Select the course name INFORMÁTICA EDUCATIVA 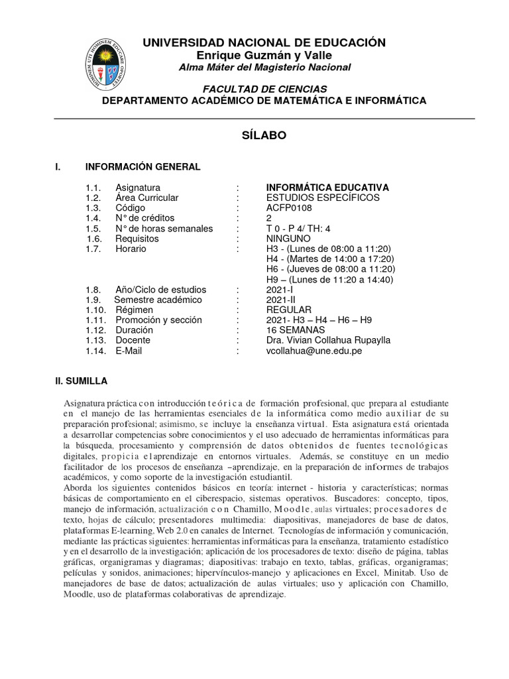(x=327, y=188)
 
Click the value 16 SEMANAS (x=295, y=330)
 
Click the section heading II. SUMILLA (x=85, y=381)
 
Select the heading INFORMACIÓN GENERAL (x=142, y=166)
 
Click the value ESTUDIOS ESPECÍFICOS (x=323, y=198)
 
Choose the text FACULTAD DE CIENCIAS (x=264, y=89)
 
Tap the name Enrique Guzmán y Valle (x=264, y=55)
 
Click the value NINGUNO (x=288, y=239)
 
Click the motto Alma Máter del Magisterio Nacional (x=264, y=68)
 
